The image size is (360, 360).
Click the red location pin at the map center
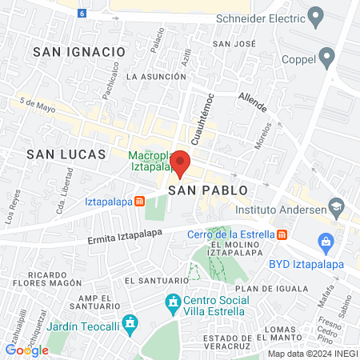pos(181,163)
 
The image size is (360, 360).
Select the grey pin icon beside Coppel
pos(326,56)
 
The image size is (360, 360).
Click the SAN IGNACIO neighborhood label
pos(79,51)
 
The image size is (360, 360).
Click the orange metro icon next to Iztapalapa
pos(139,202)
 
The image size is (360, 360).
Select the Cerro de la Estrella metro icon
pos(282,234)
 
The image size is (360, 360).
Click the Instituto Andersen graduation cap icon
pos(337,210)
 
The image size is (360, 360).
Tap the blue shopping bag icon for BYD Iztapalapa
pos(325,241)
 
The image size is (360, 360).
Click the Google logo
pos(27,350)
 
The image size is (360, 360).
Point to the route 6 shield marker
pos(82,14)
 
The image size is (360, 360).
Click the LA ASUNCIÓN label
pos(156,76)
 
